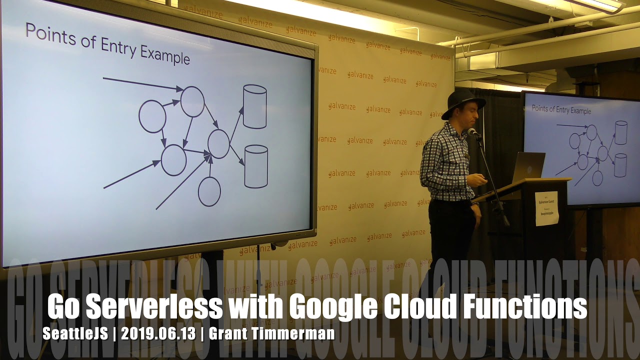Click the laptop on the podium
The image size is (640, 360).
coord(528,167)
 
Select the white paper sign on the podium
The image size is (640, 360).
coord(546,208)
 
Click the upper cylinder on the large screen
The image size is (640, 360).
coord(254,106)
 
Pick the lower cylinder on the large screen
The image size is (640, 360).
coord(256,166)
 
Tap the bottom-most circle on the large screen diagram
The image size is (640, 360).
coord(209,191)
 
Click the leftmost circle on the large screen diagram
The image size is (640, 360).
coord(152,116)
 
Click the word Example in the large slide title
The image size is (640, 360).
coord(165,54)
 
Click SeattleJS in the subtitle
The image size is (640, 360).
coord(75,333)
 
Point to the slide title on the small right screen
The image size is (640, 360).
coord(561,109)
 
